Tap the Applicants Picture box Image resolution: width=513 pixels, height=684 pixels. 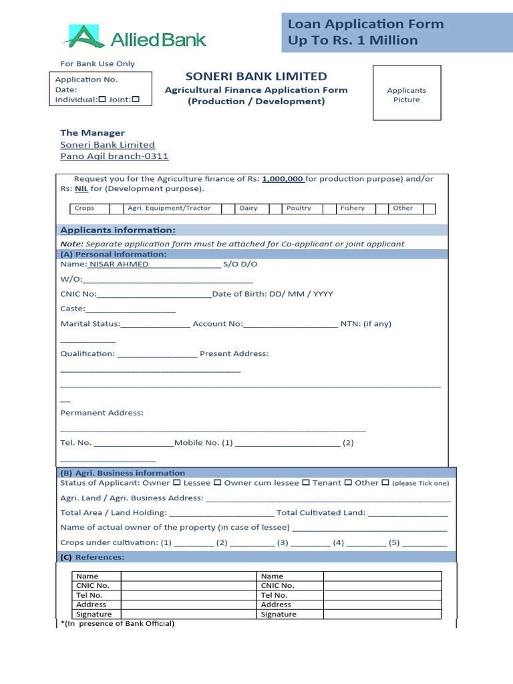pyautogui.click(x=406, y=93)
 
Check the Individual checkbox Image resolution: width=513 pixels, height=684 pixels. pyautogui.click(x=102, y=100)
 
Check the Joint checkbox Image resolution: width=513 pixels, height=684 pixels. pyautogui.click(x=136, y=100)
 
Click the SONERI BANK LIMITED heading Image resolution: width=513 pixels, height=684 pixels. pyautogui.click(x=256, y=76)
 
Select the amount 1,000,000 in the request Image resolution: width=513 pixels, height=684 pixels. pyautogui.click(x=283, y=179)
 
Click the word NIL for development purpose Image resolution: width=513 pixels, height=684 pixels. pyautogui.click(x=81, y=189)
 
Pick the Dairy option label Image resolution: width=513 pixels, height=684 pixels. pyautogui.click(x=248, y=208)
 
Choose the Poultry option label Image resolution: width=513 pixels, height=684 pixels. pyautogui.click(x=299, y=208)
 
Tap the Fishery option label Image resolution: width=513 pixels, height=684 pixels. pyautogui.click(x=352, y=208)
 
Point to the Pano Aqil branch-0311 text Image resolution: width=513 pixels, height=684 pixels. pyautogui.click(x=114, y=156)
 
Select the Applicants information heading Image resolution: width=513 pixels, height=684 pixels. pyautogui.click(x=118, y=230)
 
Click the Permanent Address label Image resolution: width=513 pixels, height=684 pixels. pyautogui.click(x=102, y=413)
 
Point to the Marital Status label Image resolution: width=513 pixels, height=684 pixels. pyautogui.click(x=90, y=324)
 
